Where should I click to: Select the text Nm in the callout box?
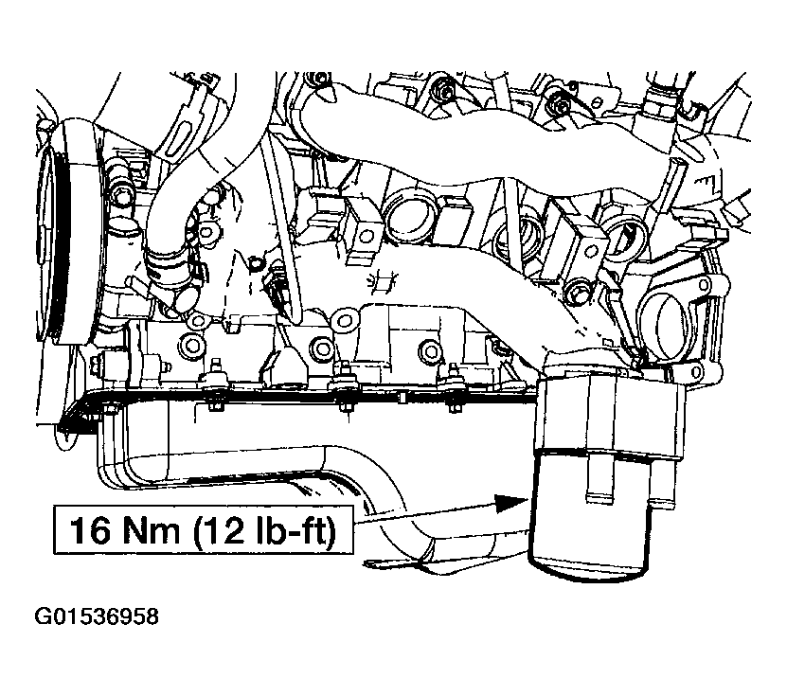(x=149, y=530)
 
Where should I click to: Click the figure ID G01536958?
(x=97, y=616)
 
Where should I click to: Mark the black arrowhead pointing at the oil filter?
(x=510, y=504)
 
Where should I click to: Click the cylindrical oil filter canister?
(x=590, y=517)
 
